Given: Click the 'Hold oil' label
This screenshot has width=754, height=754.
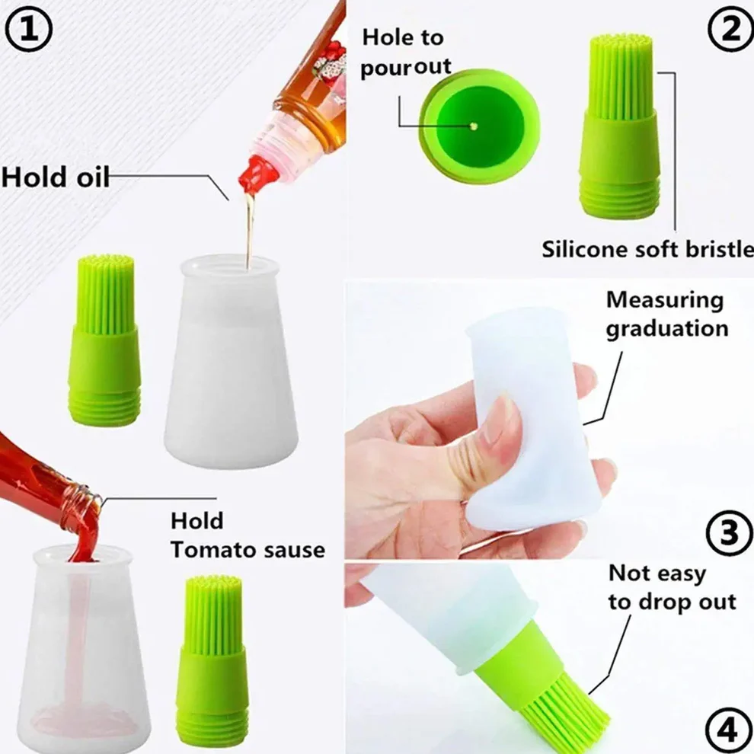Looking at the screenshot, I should point(56,177).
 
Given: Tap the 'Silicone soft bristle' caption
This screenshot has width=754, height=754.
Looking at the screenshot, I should point(647,249).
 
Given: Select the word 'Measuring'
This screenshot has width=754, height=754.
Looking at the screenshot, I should point(664,300).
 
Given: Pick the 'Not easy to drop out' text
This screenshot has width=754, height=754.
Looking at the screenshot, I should point(671,587).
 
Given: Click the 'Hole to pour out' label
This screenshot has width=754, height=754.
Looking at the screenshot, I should point(406,51).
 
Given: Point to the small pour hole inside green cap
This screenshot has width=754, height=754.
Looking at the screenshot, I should point(475,125).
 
